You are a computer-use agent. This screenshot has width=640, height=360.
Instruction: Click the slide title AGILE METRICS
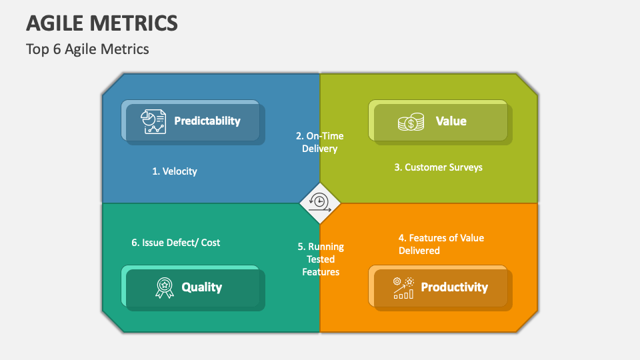pyautogui.click(x=102, y=23)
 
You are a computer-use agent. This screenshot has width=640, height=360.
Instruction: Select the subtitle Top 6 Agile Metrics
pyautogui.click(x=87, y=49)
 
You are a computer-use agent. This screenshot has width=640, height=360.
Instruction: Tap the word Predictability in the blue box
pyautogui.click(x=207, y=121)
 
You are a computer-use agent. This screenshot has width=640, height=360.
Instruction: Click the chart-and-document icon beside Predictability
pyautogui.click(x=153, y=121)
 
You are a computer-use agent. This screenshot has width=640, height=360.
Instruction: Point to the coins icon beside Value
pyautogui.click(x=411, y=122)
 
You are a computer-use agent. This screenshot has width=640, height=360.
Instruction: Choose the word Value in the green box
pyautogui.click(x=451, y=121)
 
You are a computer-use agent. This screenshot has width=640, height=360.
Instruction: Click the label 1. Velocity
pyautogui.click(x=174, y=171)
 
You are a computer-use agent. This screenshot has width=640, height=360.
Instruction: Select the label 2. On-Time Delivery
pyautogui.click(x=319, y=142)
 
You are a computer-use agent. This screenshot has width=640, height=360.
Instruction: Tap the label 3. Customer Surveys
pyautogui.click(x=438, y=167)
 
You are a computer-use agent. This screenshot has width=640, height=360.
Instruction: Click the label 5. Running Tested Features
pyautogui.click(x=321, y=259)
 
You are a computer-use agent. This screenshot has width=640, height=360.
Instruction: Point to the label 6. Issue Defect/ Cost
pyautogui.click(x=175, y=243)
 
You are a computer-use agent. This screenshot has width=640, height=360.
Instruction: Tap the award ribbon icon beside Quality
pyautogui.click(x=164, y=287)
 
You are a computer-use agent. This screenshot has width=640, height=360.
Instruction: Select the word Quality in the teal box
pyautogui.click(x=201, y=287)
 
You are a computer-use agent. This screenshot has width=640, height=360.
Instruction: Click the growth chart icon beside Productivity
pyautogui.click(x=403, y=287)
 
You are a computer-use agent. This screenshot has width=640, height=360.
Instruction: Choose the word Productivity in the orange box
pyautogui.click(x=454, y=287)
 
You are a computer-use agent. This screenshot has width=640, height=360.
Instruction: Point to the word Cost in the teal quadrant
pyautogui.click(x=210, y=243)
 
